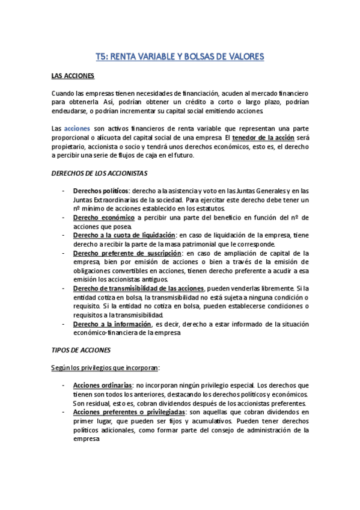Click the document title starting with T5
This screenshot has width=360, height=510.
click(180, 57)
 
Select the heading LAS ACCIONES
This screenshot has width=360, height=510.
click(72, 78)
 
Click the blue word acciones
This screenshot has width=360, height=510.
click(77, 128)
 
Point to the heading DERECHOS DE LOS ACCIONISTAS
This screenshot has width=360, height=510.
click(99, 173)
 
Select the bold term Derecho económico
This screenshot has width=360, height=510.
click(103, 217)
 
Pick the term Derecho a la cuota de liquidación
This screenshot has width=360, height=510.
click(124, 235)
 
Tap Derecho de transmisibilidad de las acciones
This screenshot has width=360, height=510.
click(139, 289)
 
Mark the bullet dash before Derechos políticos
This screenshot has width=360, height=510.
click(64, 190)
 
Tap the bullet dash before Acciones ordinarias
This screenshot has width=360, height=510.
click(64, 385)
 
